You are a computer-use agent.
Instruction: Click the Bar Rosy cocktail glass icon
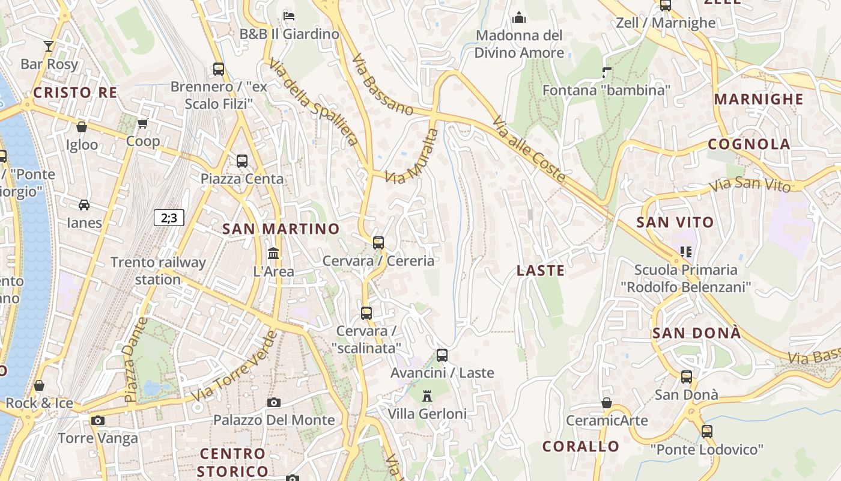pyautogui.click(x=49, y=46)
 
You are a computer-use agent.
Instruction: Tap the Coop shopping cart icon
pyautogui.click(x=142, y=124)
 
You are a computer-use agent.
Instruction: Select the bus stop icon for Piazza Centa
pyautogui.click(x=242, y=161)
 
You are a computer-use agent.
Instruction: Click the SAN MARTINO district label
pyautogui.click(x=281, y=229)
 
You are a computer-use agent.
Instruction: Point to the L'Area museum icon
pyautogui.click(x=273, y=254)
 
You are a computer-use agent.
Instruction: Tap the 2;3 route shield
pyautogui.click(x=169, y=218)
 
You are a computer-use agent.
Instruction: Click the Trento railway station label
pyautogui.click(x=158, y=271)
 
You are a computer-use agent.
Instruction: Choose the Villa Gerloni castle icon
pyautogui.click(x=427, y=396)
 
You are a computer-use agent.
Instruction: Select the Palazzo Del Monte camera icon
pyautogui.click(x=274, y=402)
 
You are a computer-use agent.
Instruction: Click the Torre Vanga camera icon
pyautogui.click(x=98, y=420)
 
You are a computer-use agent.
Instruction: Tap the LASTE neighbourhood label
pyautogui.click(x=541, y=271)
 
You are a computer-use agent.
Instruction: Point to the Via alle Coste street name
pyautogui.click(x=529, y=150)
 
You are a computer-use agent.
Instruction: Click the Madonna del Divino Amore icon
pyautogui.click(x=518, y=17)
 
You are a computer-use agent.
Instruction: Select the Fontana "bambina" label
pyautogui.click(x=606, y=90)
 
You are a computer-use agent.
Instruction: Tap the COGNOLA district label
pyautogui.click(x=748, y=144)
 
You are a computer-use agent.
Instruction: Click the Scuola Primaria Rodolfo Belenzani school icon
pyautogui.click(x=685, y=251)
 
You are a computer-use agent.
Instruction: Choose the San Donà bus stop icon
pyautogui.click(x=687, y=377)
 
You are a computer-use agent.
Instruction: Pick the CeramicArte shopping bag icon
pyautogui.click(x=607, y=403)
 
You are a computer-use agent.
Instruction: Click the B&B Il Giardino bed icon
pyautogui.click(x=289, y=16)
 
